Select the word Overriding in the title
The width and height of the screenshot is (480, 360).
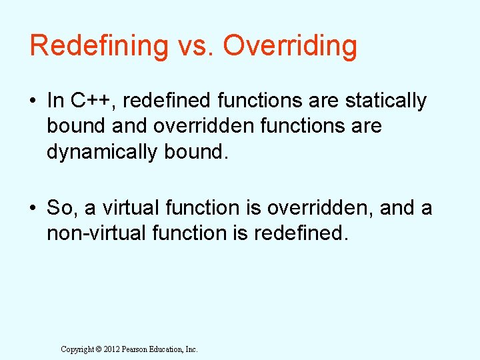click(290, 47)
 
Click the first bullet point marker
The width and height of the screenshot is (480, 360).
click(34, 101)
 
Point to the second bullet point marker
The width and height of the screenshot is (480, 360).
click(34, 209)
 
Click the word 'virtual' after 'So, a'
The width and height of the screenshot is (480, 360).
click(125, 208)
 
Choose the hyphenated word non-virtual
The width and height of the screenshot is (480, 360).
click(90, 233)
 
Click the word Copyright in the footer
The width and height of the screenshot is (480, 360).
click(77, 349)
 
